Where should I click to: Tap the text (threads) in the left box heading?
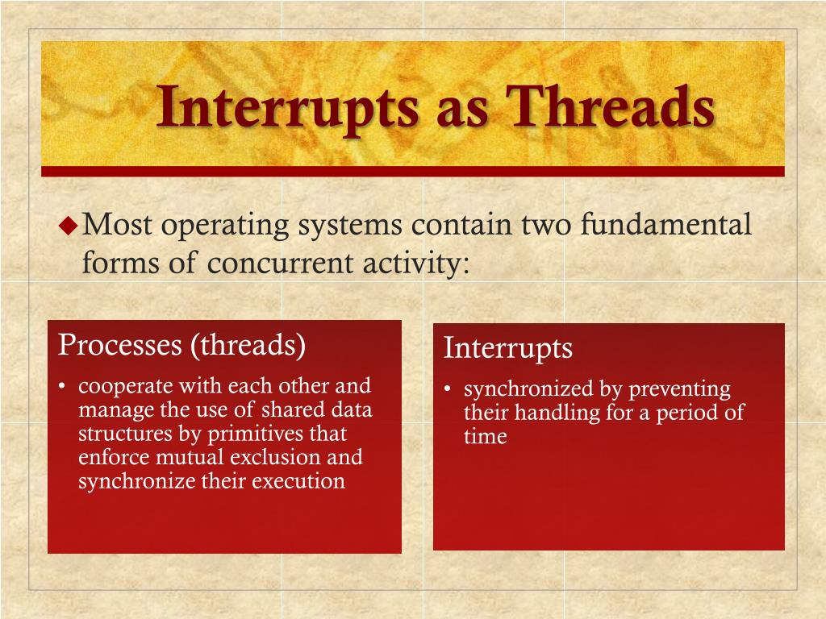(x=248, y=346)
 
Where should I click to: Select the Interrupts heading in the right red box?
(x=508, y=348)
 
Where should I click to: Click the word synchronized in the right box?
(x=528, y=389)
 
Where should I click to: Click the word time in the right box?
(x=485, y=438)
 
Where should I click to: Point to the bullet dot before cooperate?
(x=62, y=387)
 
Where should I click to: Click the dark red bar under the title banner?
(x=412, y=171)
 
